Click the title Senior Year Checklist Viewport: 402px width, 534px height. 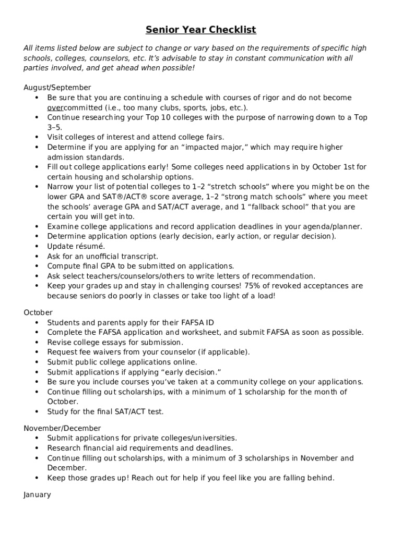pyautogui.click(x=200, y=30)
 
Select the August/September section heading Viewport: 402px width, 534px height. pyautogui.click(x=57, y=88)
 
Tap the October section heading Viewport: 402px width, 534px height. pyautogui.click(x=38, y=312)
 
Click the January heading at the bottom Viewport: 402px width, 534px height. pyautogui.click(x=37, y=494)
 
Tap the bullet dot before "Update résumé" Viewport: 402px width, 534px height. pyautogui.click(x=37, y=246)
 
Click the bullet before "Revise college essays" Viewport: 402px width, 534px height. pyautogui.click(x=37, y=342)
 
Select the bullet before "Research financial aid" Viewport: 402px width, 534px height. pyautogui.click(x=37, y=448)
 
